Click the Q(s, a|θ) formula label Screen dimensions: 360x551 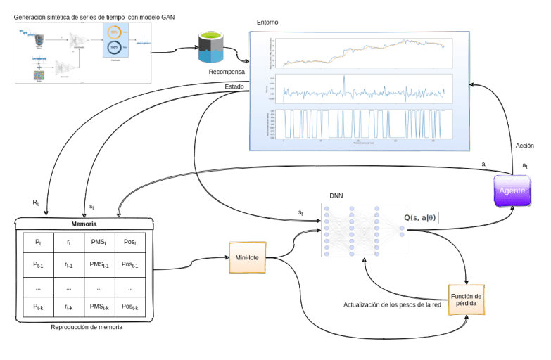pos(420,218)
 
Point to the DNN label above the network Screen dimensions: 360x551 pos(337,195)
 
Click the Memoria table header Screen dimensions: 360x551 pos(84,224)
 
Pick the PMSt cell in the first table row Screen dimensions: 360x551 pos(99,242)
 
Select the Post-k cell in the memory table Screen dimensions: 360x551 pos(129,307)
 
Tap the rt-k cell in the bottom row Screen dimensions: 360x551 pos(68,307)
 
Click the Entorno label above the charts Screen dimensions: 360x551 pos(267,22)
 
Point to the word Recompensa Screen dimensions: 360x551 pos(227,72)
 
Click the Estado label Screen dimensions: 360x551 pos(234,86)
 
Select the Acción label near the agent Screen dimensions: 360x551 pos(524,146)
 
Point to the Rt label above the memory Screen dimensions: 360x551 pos(36,202)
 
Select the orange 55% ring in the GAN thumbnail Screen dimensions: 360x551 pos(114,32)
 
